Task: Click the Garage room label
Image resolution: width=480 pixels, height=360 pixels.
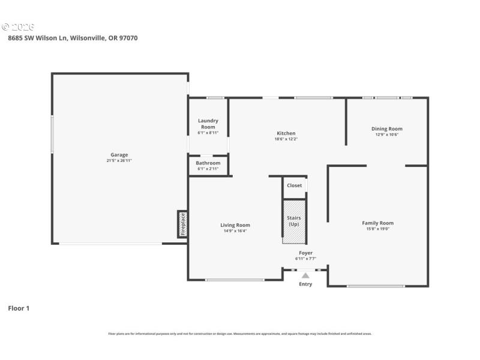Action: [119, 155]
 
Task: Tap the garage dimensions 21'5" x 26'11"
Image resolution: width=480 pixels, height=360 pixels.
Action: [119, 161]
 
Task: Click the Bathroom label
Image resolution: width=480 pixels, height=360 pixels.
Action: [208, 163]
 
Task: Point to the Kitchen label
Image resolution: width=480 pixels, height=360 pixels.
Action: [286, 133]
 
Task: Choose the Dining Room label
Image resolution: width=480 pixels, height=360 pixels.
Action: [386, 128]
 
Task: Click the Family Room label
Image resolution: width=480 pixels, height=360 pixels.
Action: [378, 223]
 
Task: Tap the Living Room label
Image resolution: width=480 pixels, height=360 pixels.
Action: [235, 225]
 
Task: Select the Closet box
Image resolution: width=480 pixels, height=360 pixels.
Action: [295, 186]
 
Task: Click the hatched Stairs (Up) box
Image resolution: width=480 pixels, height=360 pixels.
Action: [294, 221]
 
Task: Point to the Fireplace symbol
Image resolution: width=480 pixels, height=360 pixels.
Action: [183, 224]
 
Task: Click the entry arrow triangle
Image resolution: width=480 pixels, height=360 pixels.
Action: [305, 275]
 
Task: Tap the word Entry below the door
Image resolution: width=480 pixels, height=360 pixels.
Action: [305, 284]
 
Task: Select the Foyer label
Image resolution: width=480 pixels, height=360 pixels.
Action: [305, 253]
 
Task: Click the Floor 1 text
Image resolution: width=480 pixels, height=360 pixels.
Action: [18, 308]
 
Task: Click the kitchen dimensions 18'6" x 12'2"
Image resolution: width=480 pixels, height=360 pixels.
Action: [286, 139]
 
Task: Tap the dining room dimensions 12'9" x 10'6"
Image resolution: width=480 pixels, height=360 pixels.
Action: [386, 134]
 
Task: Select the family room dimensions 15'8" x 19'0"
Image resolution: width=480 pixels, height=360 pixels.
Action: [378, 229]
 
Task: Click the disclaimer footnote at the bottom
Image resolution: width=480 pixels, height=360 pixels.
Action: [240, 334]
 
